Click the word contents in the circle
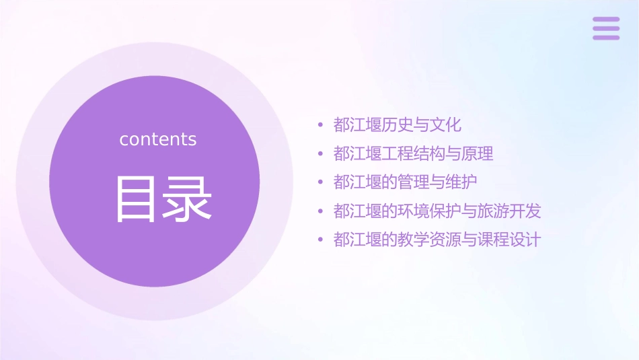[158, 139]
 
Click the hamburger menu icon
[606, 28]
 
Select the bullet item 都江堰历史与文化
[397, 125]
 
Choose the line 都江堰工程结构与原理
[413, 154]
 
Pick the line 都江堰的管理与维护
[405, 182]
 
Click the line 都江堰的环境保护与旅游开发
[437, 211]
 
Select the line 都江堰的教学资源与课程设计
[437, 240]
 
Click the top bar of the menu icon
[606, 20]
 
